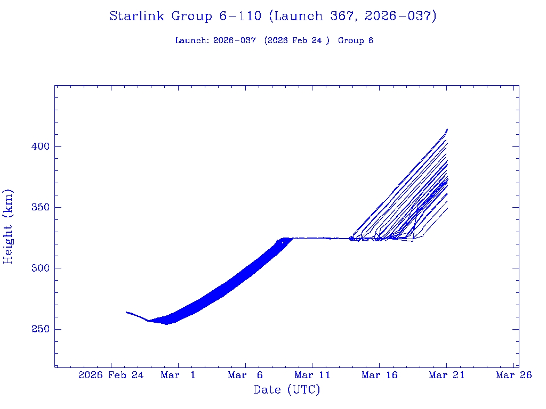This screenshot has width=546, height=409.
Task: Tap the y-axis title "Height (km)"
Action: click(x=9, y=226)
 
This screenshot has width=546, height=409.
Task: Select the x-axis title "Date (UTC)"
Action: click(x=287, y=390)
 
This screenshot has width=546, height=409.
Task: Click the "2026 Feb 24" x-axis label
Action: click(x=111, y=375)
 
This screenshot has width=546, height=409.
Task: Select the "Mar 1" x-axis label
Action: click(x=178, y=375)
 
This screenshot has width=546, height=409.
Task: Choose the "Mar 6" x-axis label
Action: click(x=245, y=375)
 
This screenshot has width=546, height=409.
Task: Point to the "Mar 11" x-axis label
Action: click(x=312, y=375)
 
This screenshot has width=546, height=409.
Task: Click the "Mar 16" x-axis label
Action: click(x=380, y=375)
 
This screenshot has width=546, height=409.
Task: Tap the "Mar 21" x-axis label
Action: click(x=447, y=375)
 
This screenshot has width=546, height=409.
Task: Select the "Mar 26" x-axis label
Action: click(x=513, y=375)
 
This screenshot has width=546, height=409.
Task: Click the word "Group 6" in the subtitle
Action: click(x=356, y=40)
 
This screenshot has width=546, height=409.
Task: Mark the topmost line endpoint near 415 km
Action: click(x=447, y=129)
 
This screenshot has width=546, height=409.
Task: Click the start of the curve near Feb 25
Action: click(x=126, y=312)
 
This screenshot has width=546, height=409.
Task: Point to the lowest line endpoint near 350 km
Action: click(x=447, y=208)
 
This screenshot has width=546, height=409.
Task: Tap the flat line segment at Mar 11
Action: click(x=312, y=238)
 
